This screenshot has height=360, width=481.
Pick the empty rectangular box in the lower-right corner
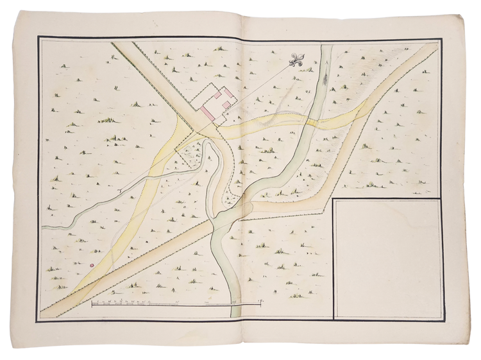(x=387, y=258)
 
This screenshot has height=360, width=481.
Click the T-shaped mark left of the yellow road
(x=122, y=191)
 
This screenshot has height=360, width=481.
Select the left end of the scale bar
(x=92, y=303)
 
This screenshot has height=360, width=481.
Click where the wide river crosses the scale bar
(x=235, y=303)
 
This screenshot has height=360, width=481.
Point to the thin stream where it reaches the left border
(x=43, y=227)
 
